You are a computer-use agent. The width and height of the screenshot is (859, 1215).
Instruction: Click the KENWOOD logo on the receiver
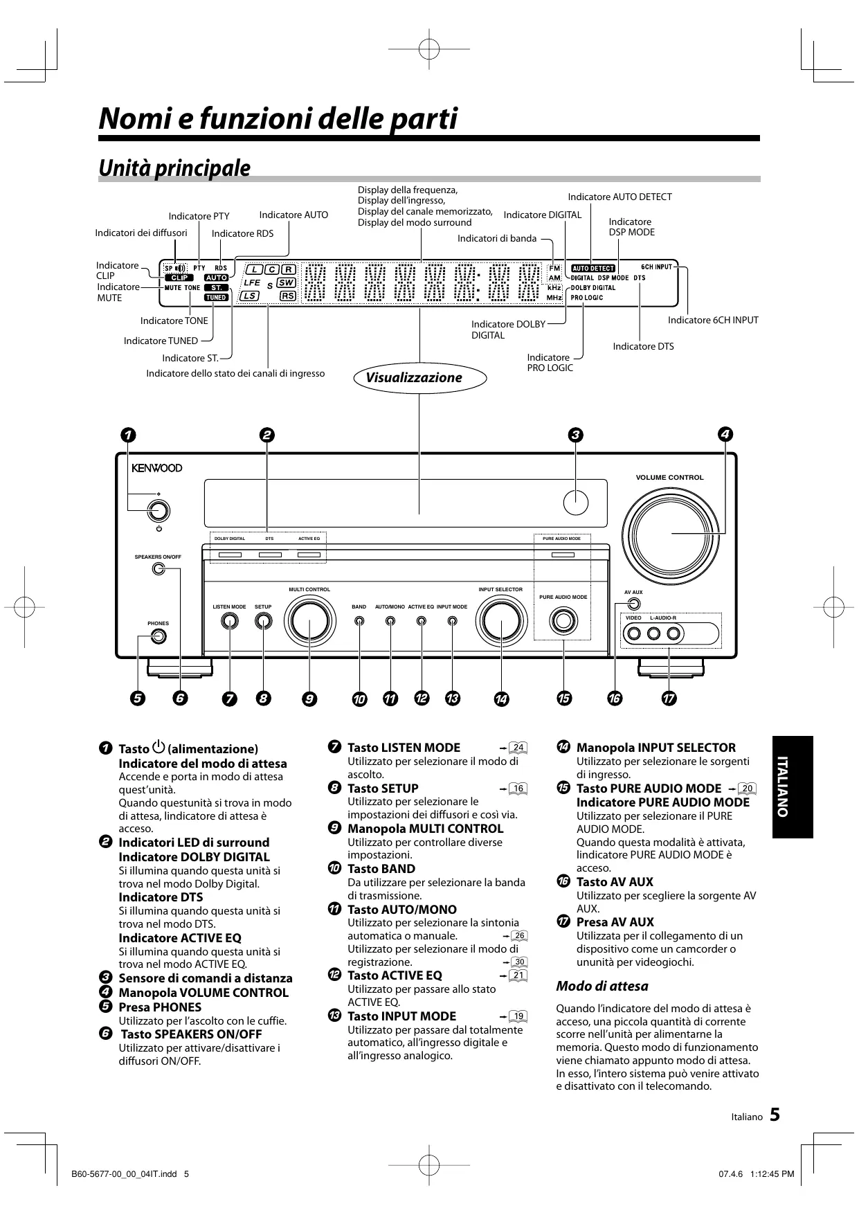157,468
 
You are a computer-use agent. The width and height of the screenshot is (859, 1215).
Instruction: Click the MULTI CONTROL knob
309,621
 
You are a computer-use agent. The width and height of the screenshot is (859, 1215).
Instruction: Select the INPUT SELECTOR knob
500,621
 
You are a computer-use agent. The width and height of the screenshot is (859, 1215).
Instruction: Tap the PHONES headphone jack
158,637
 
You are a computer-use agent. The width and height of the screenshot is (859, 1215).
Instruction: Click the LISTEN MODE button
229,621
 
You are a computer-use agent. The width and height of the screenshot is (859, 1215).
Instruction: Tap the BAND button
359,621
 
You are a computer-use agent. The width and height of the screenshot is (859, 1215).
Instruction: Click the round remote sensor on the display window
575,502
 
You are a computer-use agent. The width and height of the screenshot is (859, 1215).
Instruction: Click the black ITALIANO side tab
793,787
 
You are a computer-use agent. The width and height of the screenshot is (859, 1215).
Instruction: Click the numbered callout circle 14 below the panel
500,699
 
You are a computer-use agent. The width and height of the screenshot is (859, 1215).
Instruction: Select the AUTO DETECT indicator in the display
593,268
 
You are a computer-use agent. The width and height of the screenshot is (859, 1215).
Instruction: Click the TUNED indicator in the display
216,298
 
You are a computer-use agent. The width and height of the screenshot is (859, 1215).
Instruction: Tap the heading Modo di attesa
602,987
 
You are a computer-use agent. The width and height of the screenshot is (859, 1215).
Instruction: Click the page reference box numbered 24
518,748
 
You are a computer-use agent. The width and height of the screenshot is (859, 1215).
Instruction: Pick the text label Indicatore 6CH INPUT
713,321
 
